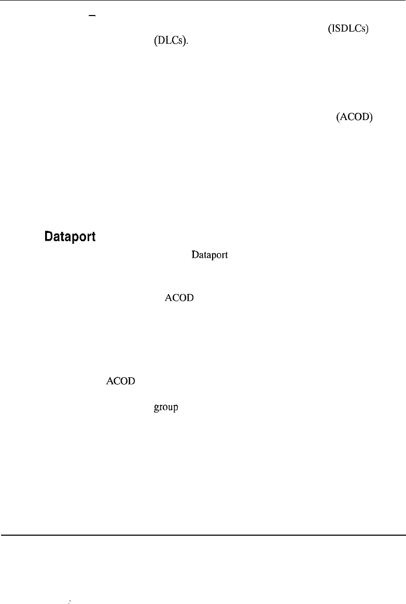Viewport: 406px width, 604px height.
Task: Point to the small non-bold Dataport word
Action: [x=209, y=255]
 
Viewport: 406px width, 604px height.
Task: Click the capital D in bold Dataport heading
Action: [x=49, y=237]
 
